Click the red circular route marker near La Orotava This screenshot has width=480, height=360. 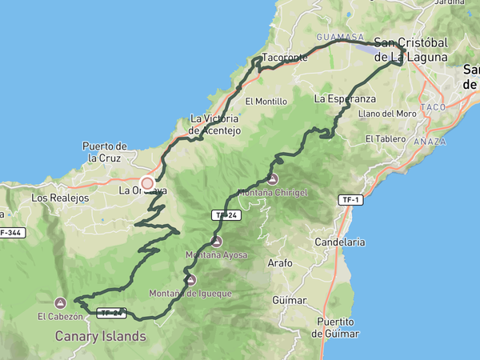(x=147, y=183)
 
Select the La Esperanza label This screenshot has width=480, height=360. (x=345, y=98)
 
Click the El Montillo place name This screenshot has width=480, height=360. (x=266, y=102)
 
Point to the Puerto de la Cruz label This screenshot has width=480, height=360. (x=105, y=152)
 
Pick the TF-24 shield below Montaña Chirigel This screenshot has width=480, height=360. (x=224, y=215)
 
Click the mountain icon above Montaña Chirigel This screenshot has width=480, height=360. (x=273, y=179)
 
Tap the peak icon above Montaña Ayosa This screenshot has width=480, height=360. (x=216, y=242)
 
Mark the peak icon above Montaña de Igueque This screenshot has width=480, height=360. (x=190, y=280)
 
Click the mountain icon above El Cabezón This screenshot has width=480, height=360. (x=60, y=303)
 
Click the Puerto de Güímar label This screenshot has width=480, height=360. (x=336, y=327)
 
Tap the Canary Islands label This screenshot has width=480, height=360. (x=101, y=336)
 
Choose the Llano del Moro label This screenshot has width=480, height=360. (x=388, y=114)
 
